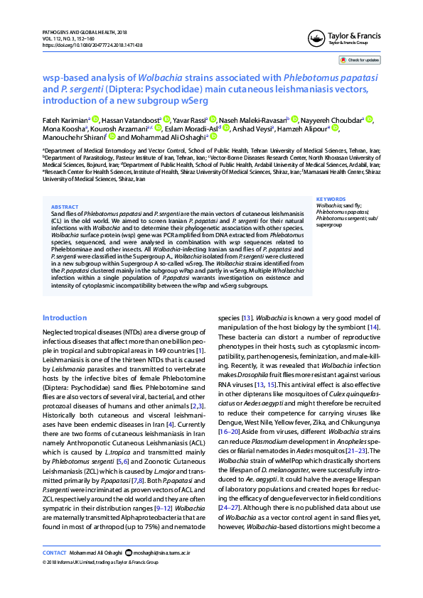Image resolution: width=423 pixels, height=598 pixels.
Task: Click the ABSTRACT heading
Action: [x=65, y=207]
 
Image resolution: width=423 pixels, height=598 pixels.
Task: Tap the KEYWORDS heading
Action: [x=331, y=200]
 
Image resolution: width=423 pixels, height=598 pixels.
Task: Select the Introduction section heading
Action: [x=65, y=317]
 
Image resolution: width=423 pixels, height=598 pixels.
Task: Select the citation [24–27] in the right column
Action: [x=228, y=528]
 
